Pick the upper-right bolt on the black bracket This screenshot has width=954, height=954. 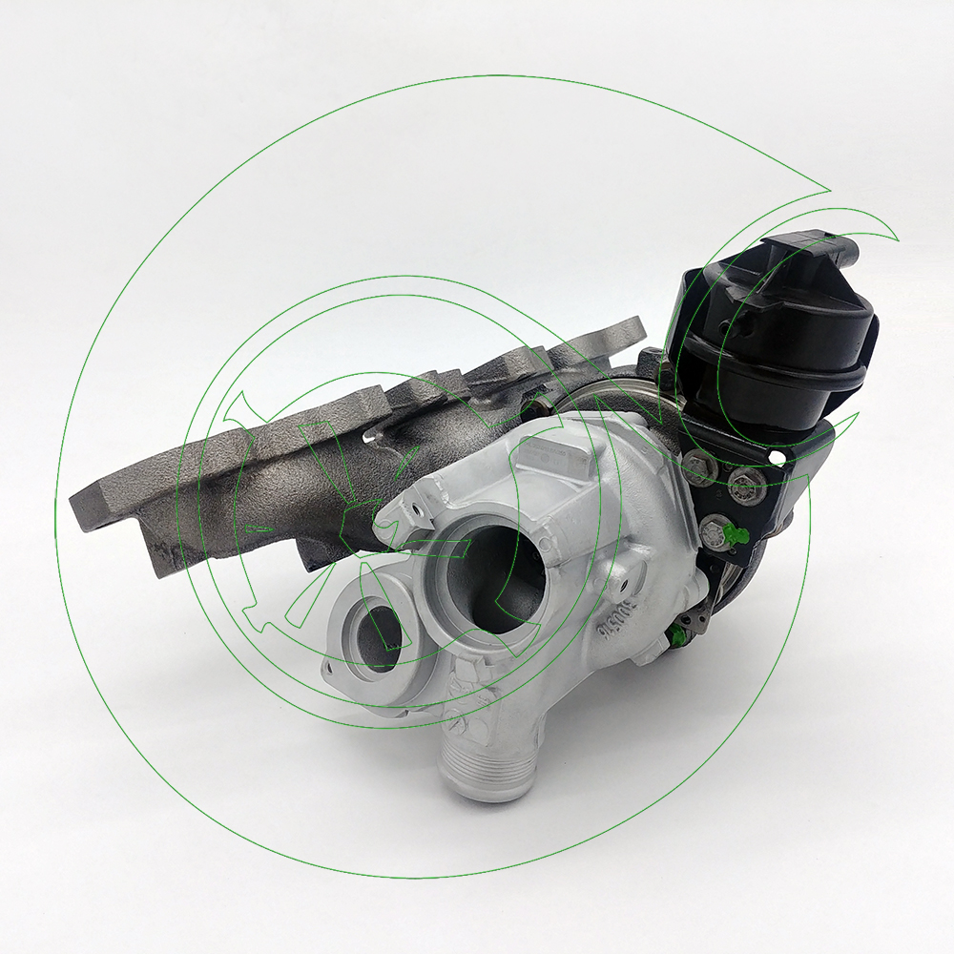[x=744, y=485]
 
